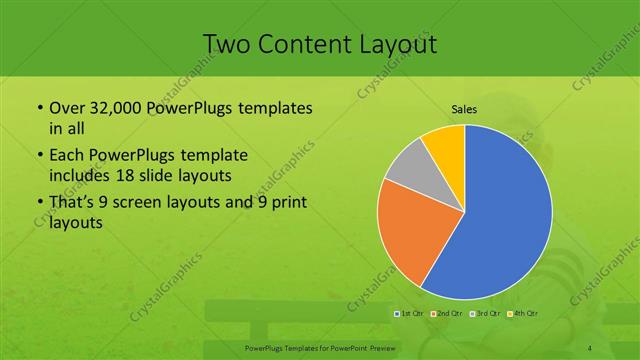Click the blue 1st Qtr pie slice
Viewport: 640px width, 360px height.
click(x=500, y=220)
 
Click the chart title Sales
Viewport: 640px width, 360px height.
click(x=464, y=109)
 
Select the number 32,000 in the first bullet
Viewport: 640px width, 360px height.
click(x=115, y=108)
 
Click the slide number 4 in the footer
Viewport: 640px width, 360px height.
click(x=591, y=347)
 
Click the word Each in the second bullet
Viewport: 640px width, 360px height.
click(x=67, y=156)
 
